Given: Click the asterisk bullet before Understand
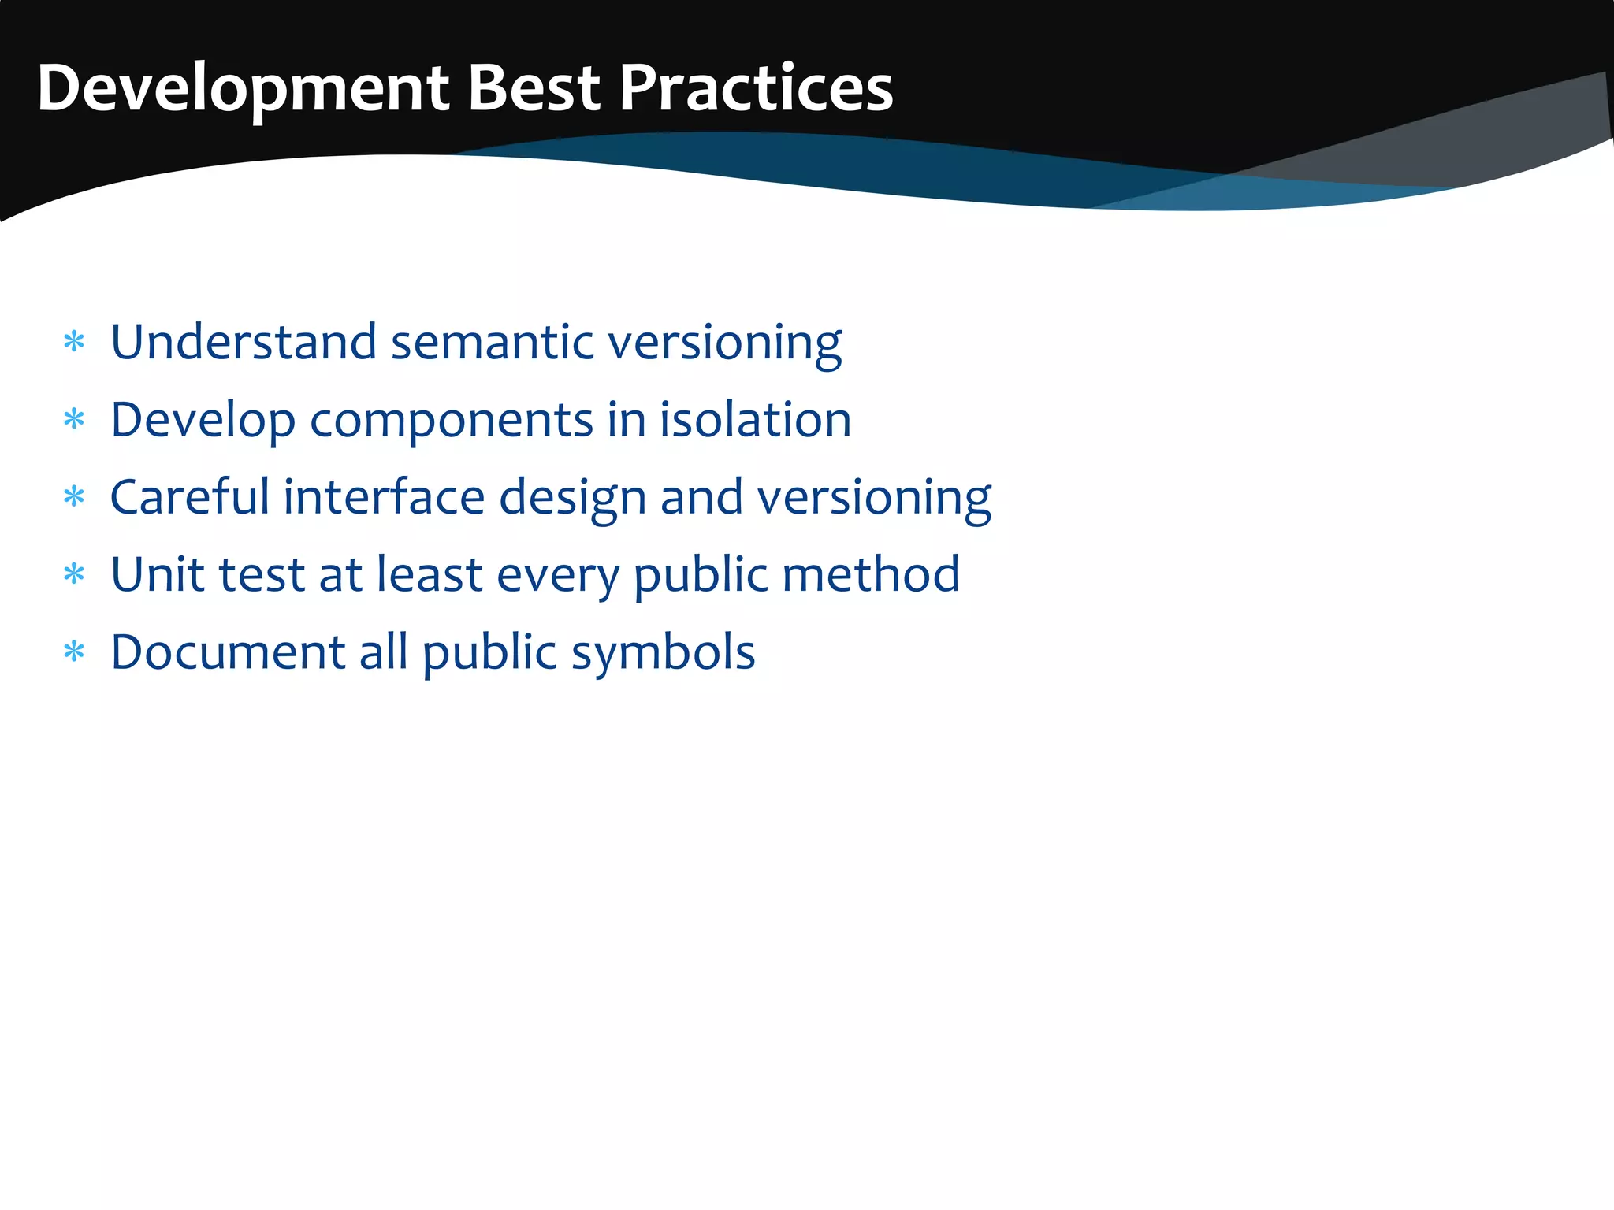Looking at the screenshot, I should pyautogui.click(x=74, y=342).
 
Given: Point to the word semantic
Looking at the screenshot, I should pyautogui.click(x=492, y=342).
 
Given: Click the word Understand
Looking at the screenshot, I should pyautogui.click(x=243, y=342).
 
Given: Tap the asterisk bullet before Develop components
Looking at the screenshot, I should pyautogui.click(x=74, y=419).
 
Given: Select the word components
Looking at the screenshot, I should pyautogui.click(x=451, y=421).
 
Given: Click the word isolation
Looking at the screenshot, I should pyautogui.click(x=755, y=419).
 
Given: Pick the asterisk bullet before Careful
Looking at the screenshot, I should pyautogui.click(x=74, y=496).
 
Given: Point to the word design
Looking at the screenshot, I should pyautogui.click(x=572, y=498).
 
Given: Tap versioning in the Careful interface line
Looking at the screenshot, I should pyautogui.click(x=873, y=498).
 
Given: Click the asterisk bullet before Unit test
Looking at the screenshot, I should pyautogui.click(x=74, y=573).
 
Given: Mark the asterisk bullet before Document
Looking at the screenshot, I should pyautogui.click(x=74, y=651).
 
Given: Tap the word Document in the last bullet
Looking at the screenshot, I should pyautogui.click(x=228, y=651).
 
